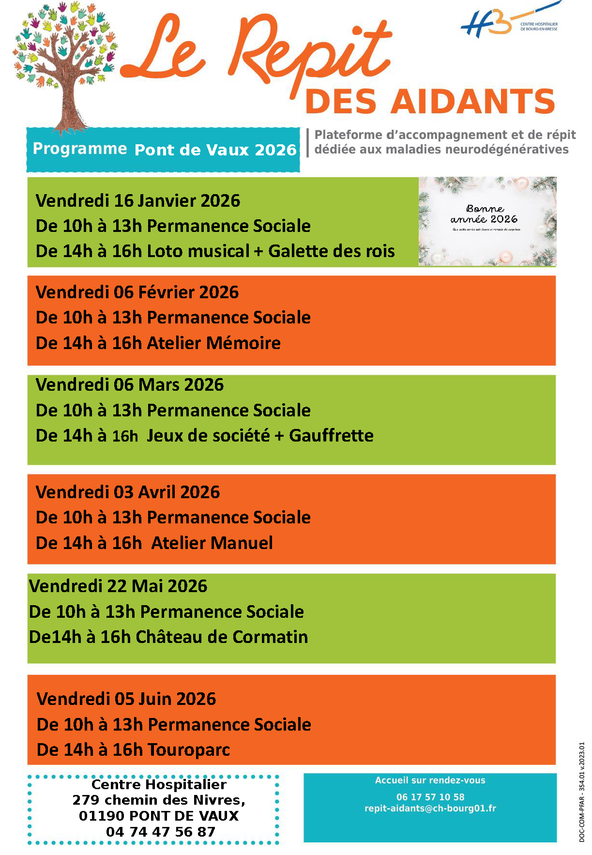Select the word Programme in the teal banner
tap(80, 149)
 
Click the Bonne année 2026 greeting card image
tap(487, 221)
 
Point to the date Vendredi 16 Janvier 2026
tap(138, 200)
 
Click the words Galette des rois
tap(332, 251)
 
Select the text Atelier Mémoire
tap(213, 343)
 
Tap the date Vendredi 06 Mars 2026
tap(130, 385)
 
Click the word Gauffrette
tap(331, 435)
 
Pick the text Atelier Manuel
tap(212, 543)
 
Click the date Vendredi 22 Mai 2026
tap(118, 586)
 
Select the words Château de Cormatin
tap(222, 637)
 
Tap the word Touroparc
tap(189, 749)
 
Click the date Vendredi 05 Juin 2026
tap(126, 699)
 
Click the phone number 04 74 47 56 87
tap(160, 832)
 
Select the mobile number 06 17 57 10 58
tap(430, 797)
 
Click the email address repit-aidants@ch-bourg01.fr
tap(430, 808)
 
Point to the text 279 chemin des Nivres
tap(158, 800)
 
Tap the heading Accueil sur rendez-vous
tap(430, 780)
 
